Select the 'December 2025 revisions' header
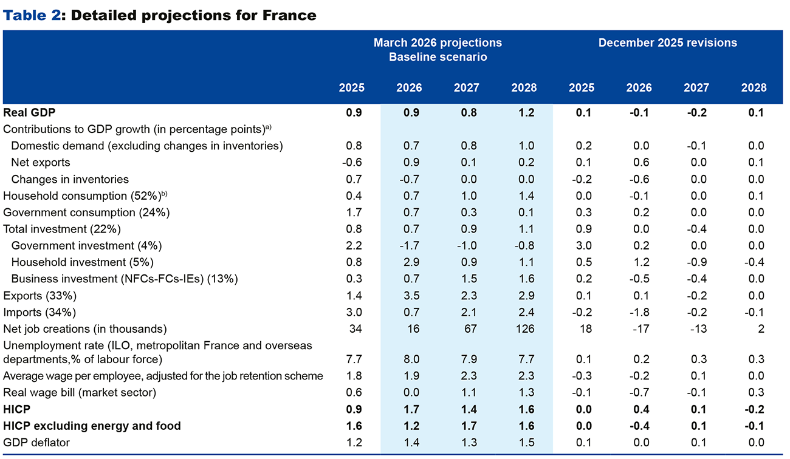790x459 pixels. [667, 42]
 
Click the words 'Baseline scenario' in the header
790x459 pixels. [438, 57]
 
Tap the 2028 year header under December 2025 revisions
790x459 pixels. [754, 88]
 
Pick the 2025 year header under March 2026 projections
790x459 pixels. [351, 88]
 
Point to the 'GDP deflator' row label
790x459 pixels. [36, 443]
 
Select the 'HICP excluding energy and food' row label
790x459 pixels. [92, 426]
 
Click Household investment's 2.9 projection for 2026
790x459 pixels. [409, 262]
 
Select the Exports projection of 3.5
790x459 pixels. [409, 296]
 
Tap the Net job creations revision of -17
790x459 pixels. [641, 329]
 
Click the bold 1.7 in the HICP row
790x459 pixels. [409, 410]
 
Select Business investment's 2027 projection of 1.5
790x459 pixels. [467, 279]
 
